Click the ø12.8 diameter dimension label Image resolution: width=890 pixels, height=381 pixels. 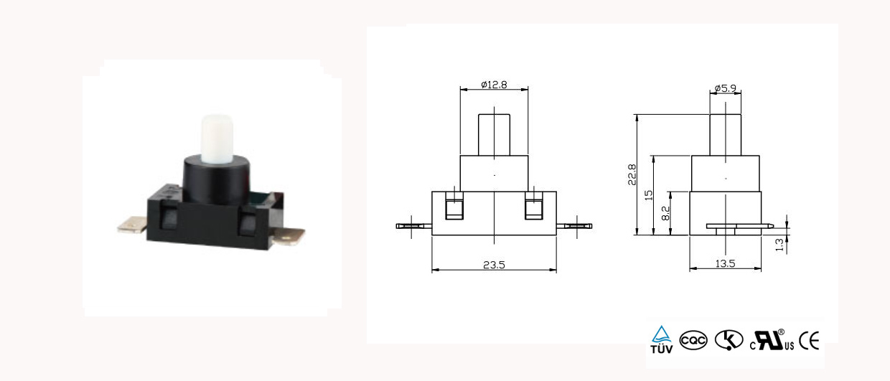point(494,85)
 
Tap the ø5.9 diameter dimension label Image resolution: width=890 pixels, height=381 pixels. point(725,88)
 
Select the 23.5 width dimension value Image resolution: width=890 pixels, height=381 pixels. point(494,265)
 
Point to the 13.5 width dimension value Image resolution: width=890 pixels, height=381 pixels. point(725,263)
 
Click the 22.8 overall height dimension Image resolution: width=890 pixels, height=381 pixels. point(632,175)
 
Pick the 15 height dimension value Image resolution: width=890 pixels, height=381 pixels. point(648,195)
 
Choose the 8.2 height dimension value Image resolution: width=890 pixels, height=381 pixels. point(665,213)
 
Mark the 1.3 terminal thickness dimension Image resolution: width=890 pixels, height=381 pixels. point(779,245)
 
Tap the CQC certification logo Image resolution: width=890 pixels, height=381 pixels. point(693,341)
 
